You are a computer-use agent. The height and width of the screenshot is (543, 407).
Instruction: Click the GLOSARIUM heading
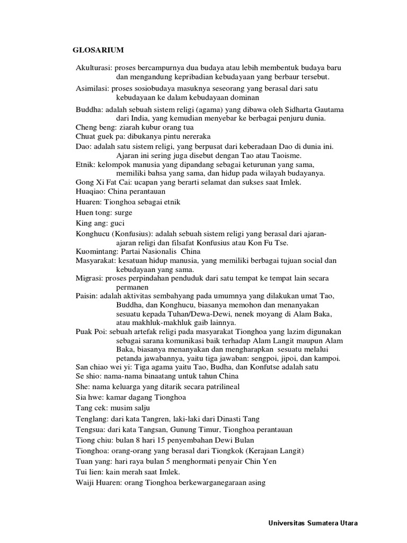click(x=98, y=50)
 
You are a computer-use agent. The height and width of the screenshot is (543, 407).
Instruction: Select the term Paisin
click(x=87, y=296)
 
